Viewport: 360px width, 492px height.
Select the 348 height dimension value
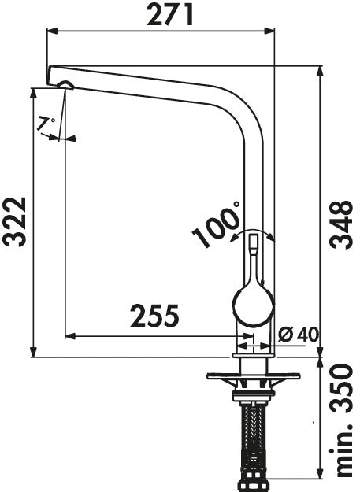pyautogui.click(x=340, y=225)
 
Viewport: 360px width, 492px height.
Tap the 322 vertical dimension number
pyautogui.click(x=15, y=221)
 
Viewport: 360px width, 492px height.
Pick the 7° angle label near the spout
pyautogui.click(x=46, y=124)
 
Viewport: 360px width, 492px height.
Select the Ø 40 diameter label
pyautogui.click(x=298, y=335)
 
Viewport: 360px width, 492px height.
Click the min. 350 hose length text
pyautogui.click(x=341, y=421)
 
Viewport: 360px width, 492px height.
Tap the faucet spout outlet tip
pyautogui.click(x=63, y=85)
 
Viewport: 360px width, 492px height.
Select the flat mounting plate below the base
pyautogui.click(x=253, y=375)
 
